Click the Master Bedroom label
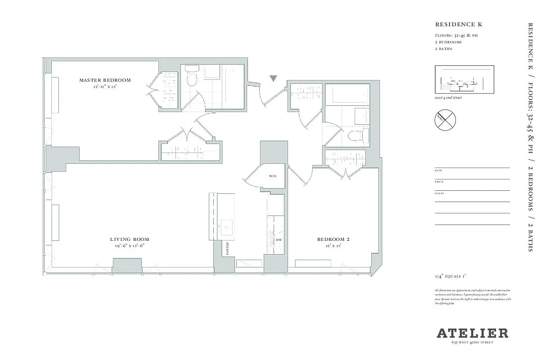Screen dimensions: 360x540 (x=105, y=80)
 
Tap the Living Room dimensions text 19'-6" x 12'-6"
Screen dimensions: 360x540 (x=130, y=246)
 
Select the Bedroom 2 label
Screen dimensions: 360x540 (x=333, y=239)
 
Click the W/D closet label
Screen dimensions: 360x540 (x=273, y=176)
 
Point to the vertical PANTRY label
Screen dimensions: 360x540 (x=228, y=248)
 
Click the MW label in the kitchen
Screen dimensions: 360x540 (x=279, y=240)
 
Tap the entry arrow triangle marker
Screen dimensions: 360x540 (x=273, y=79)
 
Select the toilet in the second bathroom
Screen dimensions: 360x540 (x=358, y=135)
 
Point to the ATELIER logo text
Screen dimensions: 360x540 (x=472, y=333)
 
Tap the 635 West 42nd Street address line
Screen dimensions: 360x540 (x=472, y=343)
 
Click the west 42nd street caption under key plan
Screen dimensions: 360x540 (x=448, y=97)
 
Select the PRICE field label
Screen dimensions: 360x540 (x=439, y=182)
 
